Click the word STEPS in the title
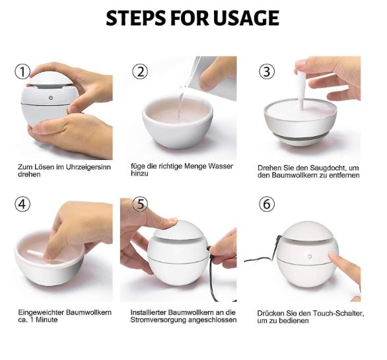click(x=137, y=18)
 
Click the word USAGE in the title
click(x=246, y=18)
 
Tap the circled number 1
click(x=23, y=71)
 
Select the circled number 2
click(x=139, y=71)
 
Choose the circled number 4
click(x=23, y=204)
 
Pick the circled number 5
click(x=139, y=204)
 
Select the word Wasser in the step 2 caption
click(x=217, y=166)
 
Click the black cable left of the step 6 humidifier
click(x=261, y=258)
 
